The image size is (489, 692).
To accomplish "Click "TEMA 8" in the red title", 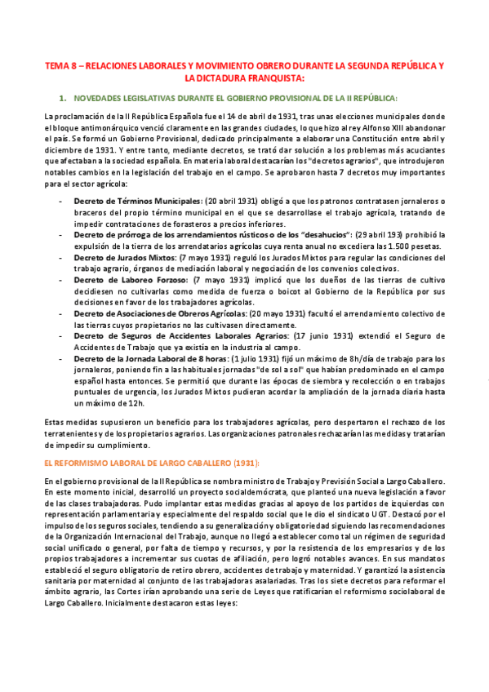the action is (60, 64).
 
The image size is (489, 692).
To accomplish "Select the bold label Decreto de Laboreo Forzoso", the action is (127, 278).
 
